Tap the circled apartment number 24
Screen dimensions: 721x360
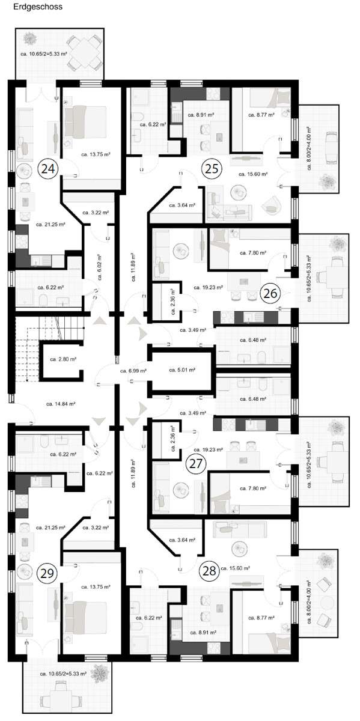[48, 169]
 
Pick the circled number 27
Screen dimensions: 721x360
[196, 464]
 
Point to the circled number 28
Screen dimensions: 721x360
[209, 569]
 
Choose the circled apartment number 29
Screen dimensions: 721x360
[47, 573]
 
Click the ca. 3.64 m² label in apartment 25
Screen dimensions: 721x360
[182, 205]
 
